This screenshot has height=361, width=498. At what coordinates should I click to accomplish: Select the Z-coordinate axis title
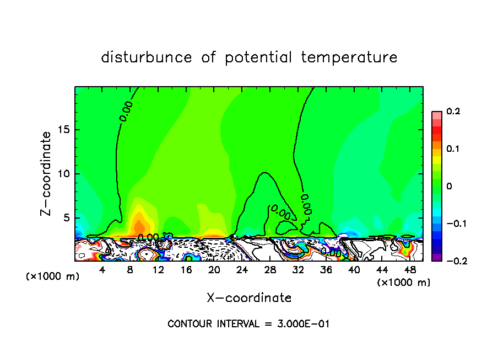point(47,173)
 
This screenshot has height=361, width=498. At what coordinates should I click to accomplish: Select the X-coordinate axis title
point(249,298)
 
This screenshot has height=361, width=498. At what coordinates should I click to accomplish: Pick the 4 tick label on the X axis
point(102,270)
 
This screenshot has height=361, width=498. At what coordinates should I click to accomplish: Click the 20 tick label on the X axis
point(214,270)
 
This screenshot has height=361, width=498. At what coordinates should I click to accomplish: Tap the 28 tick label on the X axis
point(270,270)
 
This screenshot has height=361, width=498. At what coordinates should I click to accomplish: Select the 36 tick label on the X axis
point(326,270)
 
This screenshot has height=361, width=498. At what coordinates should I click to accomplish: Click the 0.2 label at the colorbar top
point(453,112)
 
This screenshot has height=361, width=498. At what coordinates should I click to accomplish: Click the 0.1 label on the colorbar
point(453,149)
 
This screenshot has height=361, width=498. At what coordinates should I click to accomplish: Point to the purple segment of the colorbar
point(437,257)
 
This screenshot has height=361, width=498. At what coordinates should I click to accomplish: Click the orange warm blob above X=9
point(139,227)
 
